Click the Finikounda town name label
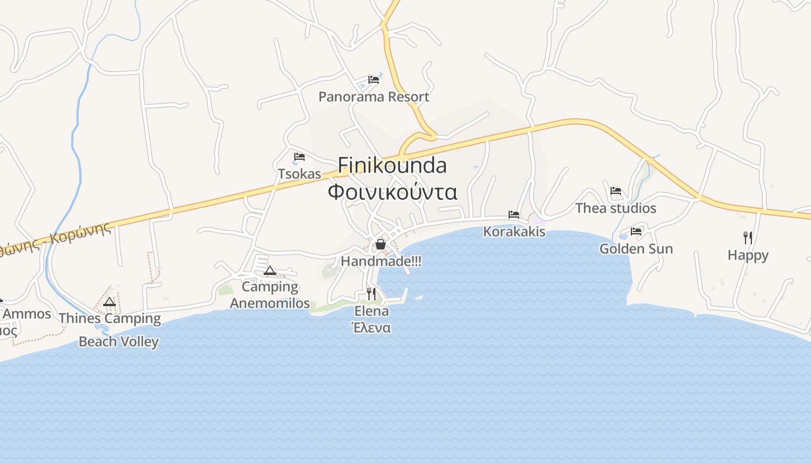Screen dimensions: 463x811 click(392, 166)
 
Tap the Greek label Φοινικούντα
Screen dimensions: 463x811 click(392, 192)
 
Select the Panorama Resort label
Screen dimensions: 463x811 click(374, 97)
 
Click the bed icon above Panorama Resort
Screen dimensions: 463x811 click(374, 80)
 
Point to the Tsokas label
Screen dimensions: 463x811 click(299, 174)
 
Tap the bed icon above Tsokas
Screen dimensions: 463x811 click(299, 157)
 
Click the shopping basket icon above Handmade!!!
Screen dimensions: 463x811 click(381, 244)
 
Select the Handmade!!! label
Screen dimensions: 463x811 click(381, 261)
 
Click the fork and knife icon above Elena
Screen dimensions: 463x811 click(371, 294)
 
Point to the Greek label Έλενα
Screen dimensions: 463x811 click(371, 328)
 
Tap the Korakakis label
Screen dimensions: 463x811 click(514, 231)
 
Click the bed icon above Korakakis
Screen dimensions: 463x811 click(514, 215)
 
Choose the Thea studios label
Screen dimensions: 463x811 click(615, 208)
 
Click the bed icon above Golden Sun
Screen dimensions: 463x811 click(636, 231)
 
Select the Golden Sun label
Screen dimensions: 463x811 click(636, 249)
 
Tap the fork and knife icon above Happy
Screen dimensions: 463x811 click(748, 237)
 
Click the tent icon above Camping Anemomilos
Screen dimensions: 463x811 click(270, 270)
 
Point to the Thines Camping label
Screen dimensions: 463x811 click(109, 318)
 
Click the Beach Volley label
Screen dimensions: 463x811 click(118, 341)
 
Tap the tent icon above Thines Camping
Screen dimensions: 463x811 click(109, 302)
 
